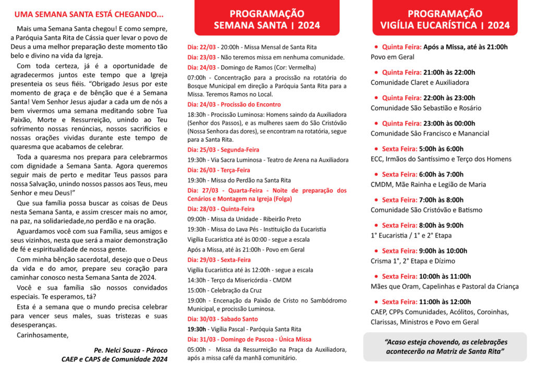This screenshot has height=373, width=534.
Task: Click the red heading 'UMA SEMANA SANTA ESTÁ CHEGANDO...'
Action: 89,14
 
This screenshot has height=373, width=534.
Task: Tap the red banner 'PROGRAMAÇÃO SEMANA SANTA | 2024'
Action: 267,19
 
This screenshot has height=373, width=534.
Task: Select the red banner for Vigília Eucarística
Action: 444,19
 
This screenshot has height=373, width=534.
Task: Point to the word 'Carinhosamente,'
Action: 42,335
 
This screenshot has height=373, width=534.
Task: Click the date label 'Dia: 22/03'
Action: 201,47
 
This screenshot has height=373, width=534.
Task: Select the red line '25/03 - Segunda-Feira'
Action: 223,150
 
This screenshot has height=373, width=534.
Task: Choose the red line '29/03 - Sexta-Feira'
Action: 220,260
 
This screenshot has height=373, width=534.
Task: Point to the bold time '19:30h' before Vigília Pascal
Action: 197,329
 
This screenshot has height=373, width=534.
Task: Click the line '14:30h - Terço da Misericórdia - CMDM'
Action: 240,280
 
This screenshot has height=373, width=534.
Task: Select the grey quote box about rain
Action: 445,347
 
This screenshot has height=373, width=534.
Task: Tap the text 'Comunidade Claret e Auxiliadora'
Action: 420,82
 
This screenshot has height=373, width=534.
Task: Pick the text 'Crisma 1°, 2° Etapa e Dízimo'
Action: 413,261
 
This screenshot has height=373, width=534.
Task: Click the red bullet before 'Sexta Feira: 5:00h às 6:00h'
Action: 376,149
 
